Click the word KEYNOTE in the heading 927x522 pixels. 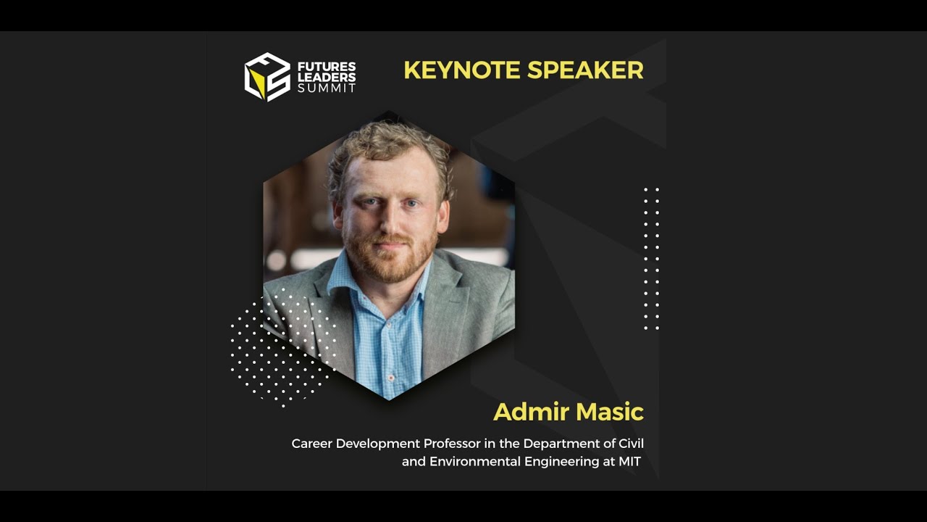[461, 70]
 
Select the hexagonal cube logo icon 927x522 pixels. [267, 77]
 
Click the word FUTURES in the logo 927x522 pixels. [327, 66]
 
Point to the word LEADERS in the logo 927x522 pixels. [327, 77]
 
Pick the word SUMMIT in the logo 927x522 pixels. [327, 88]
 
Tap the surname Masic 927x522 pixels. [606, 412]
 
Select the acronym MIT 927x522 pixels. [629, 462]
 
